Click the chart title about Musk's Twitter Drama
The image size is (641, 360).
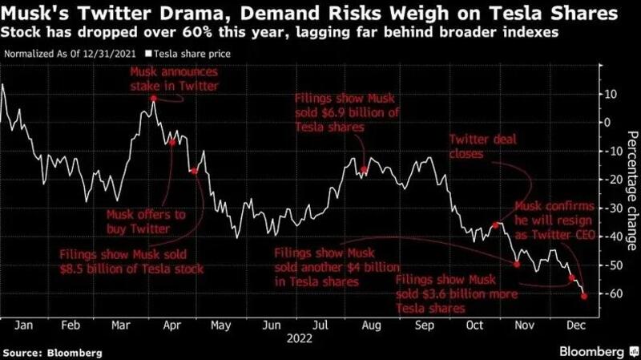[x=312, y=13]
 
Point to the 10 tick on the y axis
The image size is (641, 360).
[x=611, y=94]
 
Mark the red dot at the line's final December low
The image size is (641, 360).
[x=583, y=296]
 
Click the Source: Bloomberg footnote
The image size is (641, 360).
[x=46, y=352]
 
